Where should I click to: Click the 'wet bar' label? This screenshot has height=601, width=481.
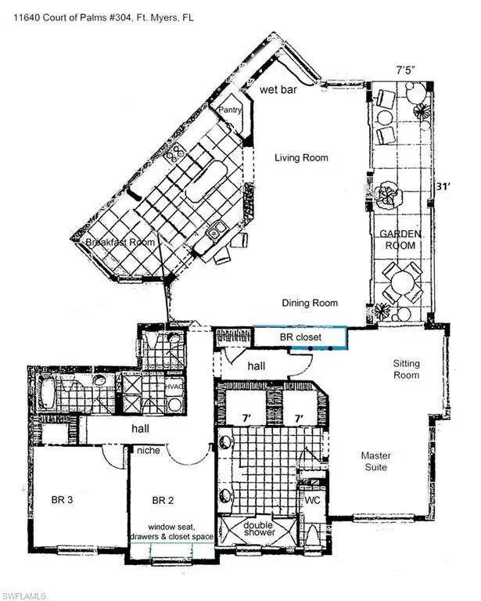278,90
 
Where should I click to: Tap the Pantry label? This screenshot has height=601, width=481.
230,110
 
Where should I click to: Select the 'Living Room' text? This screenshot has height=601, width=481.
301,157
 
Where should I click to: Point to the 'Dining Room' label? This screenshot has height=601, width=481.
310,303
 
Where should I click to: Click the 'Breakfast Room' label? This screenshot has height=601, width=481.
120,243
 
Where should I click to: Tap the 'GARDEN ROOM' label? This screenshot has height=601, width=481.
400,239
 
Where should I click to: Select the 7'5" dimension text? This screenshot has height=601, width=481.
406,71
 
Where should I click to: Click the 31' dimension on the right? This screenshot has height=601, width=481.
443,187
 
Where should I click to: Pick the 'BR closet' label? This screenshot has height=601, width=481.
300,337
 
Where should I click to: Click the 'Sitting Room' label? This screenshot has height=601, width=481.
407,369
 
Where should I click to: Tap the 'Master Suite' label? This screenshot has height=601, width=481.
375,462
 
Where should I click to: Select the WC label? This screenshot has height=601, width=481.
312,500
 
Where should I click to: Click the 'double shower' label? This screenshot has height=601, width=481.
259,528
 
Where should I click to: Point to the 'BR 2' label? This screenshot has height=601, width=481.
163,500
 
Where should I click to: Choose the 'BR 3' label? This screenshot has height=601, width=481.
62,500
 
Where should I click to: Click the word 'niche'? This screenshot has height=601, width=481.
149,450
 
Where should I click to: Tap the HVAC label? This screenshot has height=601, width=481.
174,387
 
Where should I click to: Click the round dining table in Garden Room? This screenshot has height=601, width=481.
403,282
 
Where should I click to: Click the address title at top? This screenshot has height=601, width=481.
103,17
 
